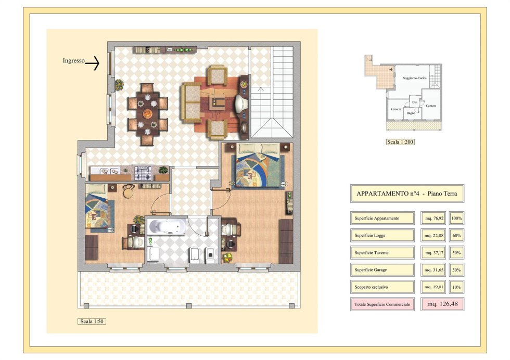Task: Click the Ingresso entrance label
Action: pos(73,60)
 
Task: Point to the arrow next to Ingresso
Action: pos(93,63)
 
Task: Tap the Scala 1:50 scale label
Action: pos(92,322)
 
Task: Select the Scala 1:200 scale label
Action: pos(400,142)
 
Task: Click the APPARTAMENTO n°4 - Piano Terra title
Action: pos(407,194)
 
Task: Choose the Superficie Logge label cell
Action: pos(382,236)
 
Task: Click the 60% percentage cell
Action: pos(456,236)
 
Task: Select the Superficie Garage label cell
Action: pos(382,270)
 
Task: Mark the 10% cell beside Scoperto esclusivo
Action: pos(456,287)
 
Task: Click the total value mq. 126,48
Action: pos(442,304)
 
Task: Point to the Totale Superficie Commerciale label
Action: pos(382,304)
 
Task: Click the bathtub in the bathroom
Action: pos(167,226)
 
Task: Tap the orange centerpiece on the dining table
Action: pos(148,114)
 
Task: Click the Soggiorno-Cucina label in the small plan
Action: pos(414,78)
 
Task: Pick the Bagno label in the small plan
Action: pos(411,113)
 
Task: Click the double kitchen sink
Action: pos(109,171)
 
